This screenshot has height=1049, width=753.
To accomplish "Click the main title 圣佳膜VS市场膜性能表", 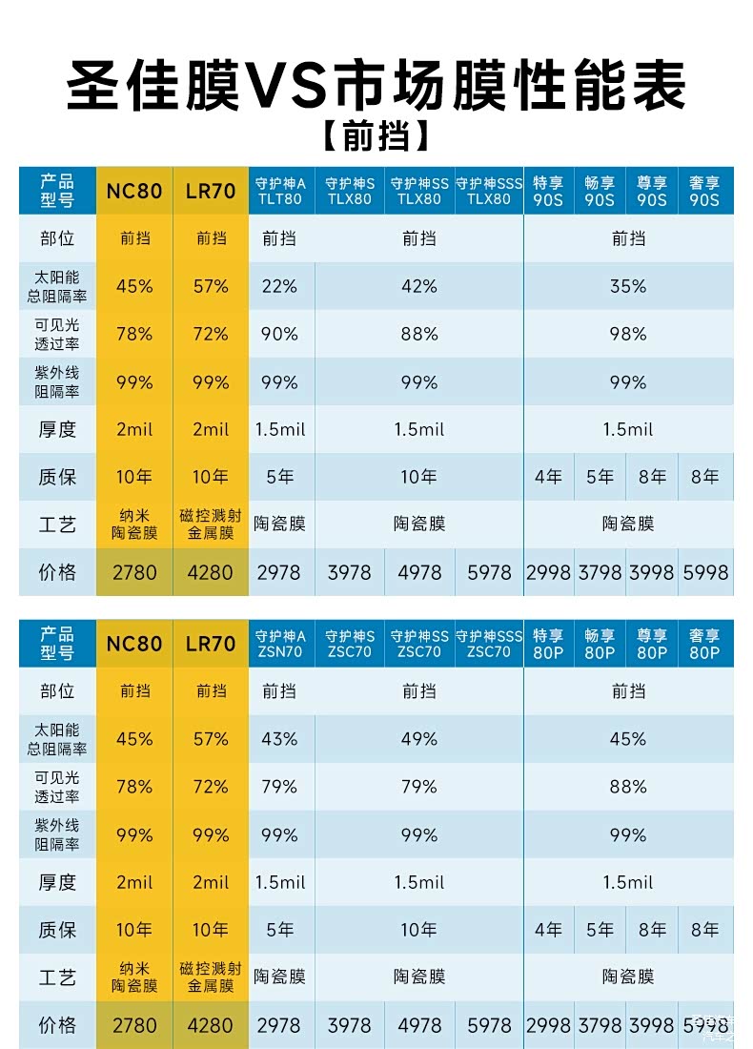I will [376, 88].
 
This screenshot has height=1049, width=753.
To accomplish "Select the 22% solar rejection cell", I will [279, 286].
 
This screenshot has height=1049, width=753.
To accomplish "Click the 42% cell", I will [419, 286].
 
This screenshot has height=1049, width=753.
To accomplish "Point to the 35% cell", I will [628, 286].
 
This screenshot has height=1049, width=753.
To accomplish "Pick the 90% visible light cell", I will [279, 335].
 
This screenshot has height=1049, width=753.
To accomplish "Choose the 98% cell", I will [628, 335].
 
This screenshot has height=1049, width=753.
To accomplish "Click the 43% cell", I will [279, 739].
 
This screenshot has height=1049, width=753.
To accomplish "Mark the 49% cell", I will [419, 739].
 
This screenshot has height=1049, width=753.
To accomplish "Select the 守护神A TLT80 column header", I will [280, 191].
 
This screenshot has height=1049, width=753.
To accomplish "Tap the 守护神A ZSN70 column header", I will [280, 644].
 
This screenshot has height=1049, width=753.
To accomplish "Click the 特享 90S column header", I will [548, 191].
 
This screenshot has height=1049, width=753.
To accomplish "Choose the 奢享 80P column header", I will [705, 644].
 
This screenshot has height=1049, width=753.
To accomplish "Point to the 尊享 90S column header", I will [652, 191].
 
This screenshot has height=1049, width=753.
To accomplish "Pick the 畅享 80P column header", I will [600, 644].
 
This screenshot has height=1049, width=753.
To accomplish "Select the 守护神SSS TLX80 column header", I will [489, 191].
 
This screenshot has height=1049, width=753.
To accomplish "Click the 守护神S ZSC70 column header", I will [350, 644].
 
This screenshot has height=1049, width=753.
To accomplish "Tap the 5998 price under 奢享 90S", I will [705, 572].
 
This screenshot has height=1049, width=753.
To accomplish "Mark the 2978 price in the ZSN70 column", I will [279, 1025].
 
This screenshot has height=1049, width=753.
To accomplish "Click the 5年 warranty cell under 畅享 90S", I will [600, 477].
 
